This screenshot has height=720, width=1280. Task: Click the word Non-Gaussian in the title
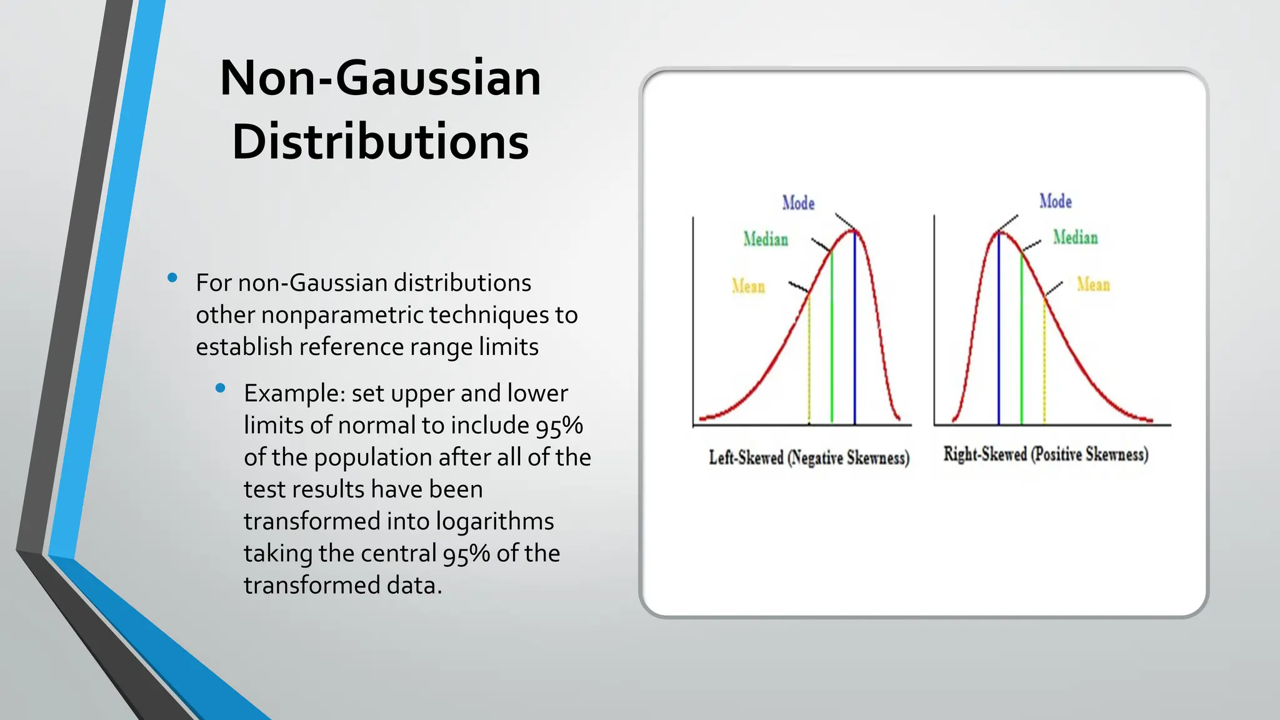[x=380, y=78]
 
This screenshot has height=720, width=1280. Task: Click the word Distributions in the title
[x=380, y=142]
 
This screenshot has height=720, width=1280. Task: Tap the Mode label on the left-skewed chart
[x=798, y=203]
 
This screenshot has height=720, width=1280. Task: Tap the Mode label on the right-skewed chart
[x=1056, y=201]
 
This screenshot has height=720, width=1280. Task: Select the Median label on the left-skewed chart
[x=766, y=239]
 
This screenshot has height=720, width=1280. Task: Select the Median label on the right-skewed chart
[x=1075, y=237]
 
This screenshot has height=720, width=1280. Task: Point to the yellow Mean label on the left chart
[x=748, y=286]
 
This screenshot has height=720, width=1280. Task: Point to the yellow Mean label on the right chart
[x=1093, y=285]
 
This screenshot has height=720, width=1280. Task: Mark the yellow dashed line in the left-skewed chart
[x=809, y=362]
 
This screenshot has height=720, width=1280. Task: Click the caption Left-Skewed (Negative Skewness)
[x=809, y=458]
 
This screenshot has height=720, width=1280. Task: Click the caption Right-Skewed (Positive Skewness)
[x=1046, y=454]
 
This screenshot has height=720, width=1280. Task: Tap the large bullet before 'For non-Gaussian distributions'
[x=172, y=277]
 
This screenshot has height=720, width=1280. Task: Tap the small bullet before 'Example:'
[x=220, y=388]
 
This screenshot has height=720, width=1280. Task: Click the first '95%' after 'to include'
[x=559, y=426]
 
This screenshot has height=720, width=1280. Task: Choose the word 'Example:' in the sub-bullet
[x=294, y=394]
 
